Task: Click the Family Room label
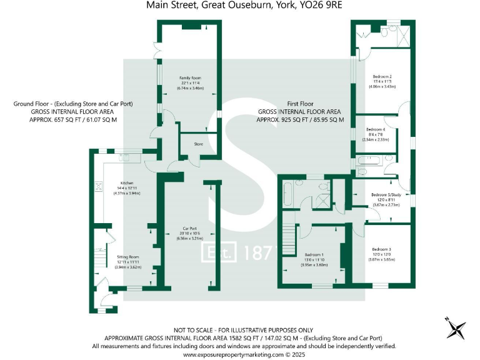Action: point(190,77)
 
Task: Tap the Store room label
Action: point(198,144)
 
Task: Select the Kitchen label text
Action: point(127,183)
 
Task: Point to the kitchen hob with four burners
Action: point(98,186)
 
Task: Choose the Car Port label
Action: point(190,228)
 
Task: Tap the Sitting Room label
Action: point(127,257)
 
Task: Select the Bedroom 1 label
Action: point(314,254)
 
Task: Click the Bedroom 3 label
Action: point(381,249)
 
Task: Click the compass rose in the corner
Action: point(455,327)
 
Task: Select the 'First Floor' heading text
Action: point(301,103)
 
